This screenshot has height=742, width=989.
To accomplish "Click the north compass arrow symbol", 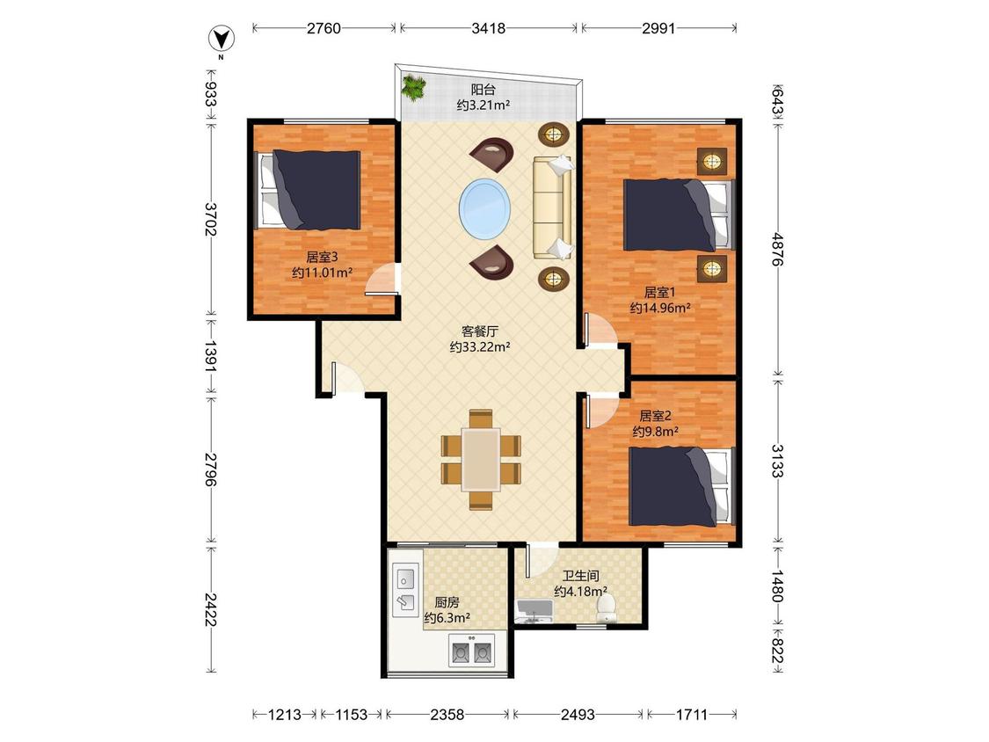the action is [222, 39].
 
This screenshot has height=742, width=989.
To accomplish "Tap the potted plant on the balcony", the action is [414, 87].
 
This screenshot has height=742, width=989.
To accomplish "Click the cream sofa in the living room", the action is [553, 207].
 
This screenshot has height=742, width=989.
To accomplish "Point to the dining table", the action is [481, 459].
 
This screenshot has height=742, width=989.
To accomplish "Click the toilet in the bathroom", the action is [606, 607].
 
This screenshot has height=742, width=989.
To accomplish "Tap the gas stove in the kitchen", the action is [472, 650].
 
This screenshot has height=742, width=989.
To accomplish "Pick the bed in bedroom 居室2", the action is [682, 486].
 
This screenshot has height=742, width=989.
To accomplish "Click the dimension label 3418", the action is [488, 28].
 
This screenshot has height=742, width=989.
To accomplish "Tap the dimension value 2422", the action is [211, 609].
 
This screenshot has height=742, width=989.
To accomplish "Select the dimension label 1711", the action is [692, 714].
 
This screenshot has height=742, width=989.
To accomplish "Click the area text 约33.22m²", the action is [480, 346].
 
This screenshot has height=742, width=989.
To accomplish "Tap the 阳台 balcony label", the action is [484, 90].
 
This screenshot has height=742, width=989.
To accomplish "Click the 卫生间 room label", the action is [581, 576].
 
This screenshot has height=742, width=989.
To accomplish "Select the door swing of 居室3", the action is [383, 280].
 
